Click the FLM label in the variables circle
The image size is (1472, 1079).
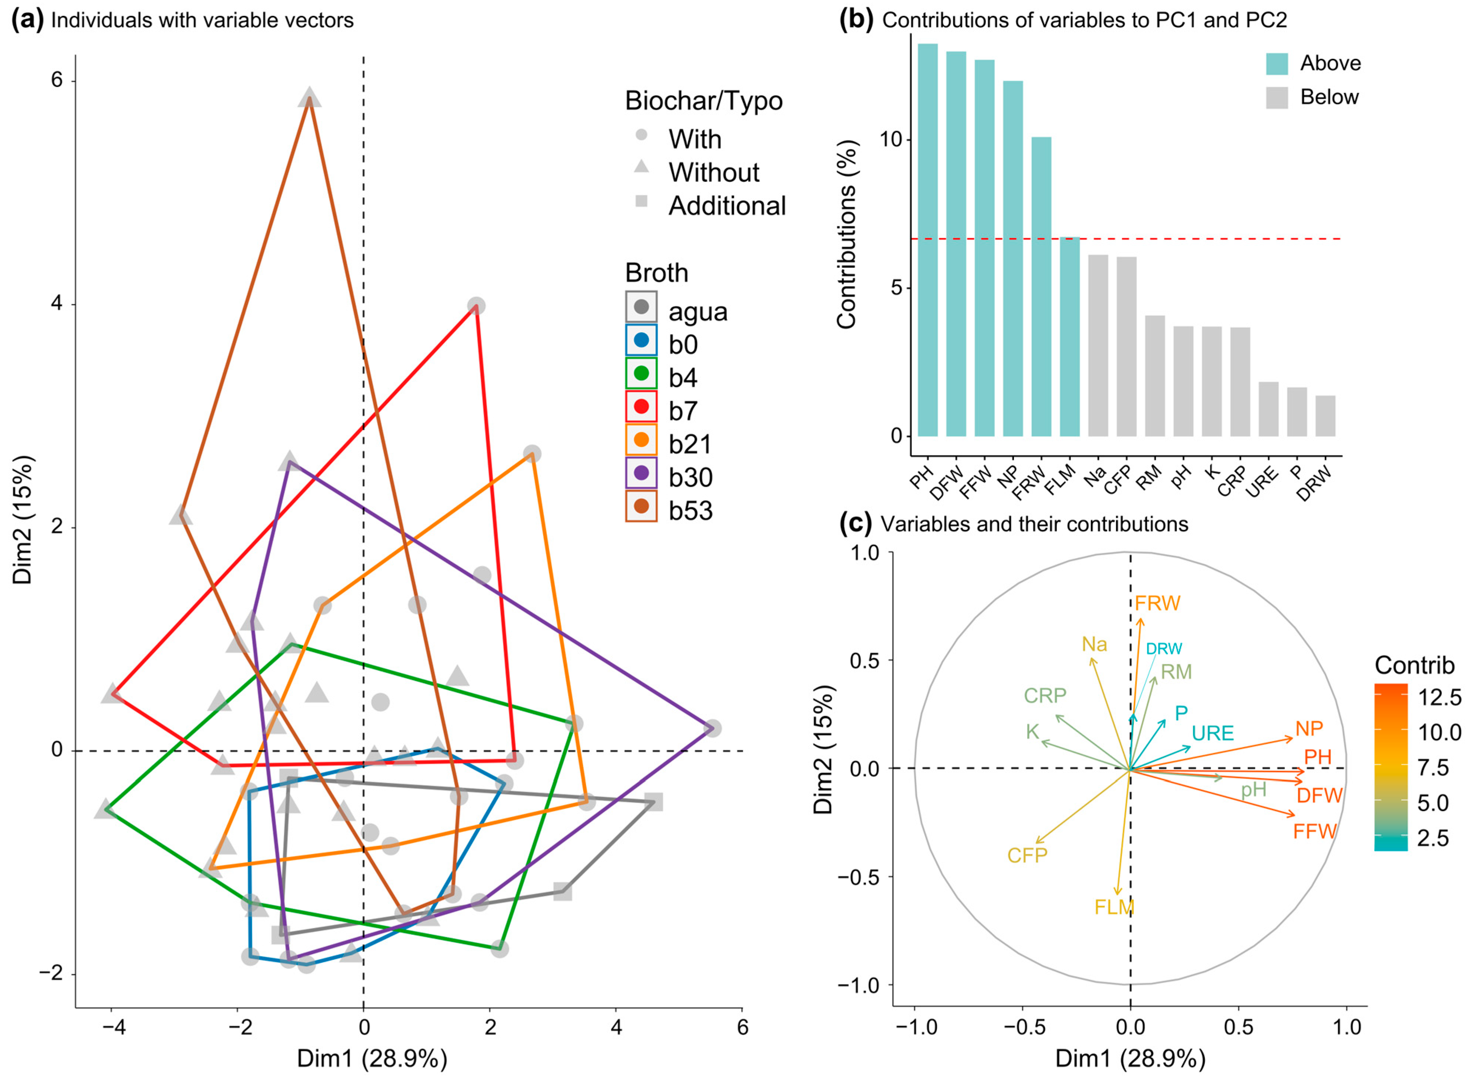click(1114, 907)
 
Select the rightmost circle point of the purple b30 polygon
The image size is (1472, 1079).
click(712, 728)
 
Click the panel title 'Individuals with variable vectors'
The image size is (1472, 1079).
click(202, 20)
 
